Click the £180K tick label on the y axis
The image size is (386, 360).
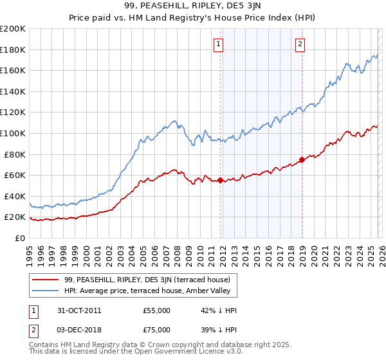[13, 50]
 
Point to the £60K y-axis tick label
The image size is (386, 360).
[15, 175]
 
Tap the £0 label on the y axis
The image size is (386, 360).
[19, 238]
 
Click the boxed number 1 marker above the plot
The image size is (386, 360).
[219, 44]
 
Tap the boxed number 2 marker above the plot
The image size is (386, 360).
[300, 44]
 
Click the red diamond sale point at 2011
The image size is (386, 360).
[220, 181]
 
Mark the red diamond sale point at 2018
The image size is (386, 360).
[301, 159]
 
